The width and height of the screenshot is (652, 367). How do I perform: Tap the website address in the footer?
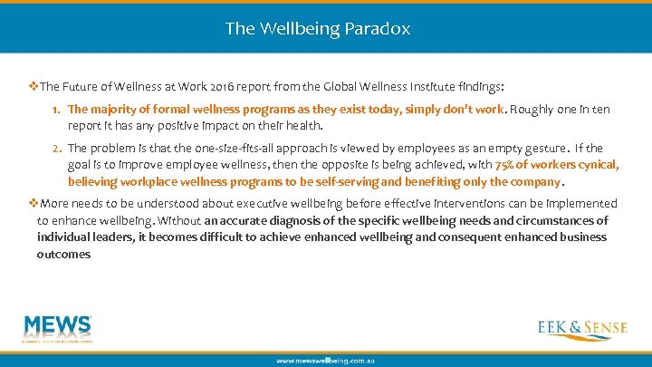[325, 361]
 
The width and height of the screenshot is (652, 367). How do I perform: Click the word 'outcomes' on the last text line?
[64, 254]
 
